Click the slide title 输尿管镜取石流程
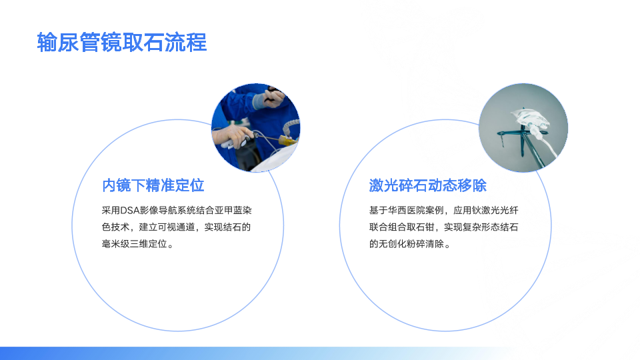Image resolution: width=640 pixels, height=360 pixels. pos(121,42)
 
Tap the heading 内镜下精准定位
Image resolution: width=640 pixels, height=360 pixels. pos(153,185)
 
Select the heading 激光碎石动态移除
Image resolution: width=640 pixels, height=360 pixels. pos(428,185)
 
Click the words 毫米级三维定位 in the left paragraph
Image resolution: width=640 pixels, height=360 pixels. pos(134,244)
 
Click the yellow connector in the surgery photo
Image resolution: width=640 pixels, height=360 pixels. pos(288,141)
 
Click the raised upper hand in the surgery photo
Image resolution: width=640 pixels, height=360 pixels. pos(271,98)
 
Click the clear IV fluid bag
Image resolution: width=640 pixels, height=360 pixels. pos(529,119)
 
